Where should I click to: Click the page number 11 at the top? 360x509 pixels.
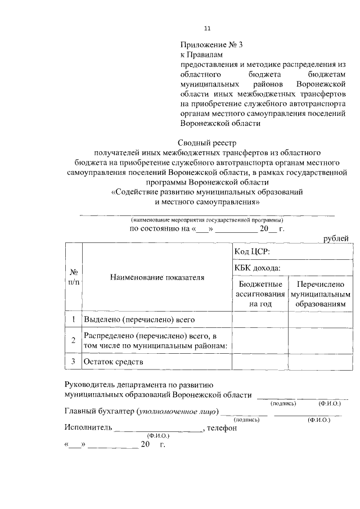coord(207,29)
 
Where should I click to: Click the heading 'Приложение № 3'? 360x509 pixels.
coord(213,44)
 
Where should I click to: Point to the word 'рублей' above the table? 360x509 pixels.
coord(336,239)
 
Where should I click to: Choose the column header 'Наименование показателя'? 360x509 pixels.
coord(157,277)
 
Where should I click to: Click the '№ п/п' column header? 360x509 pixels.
coord(74,277)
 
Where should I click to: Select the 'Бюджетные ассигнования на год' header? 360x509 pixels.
coord(259,294)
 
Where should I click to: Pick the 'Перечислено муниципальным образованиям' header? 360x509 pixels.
coord(319,294)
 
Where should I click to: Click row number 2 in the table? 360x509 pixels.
coord(74,340)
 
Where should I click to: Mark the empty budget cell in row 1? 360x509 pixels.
coord(259,319)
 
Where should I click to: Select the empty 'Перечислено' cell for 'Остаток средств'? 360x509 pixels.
coord(319,361)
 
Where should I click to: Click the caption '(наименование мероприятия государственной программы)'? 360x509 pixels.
coord(207,219)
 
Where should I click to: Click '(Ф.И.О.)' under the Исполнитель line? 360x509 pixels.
coord(158,436)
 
